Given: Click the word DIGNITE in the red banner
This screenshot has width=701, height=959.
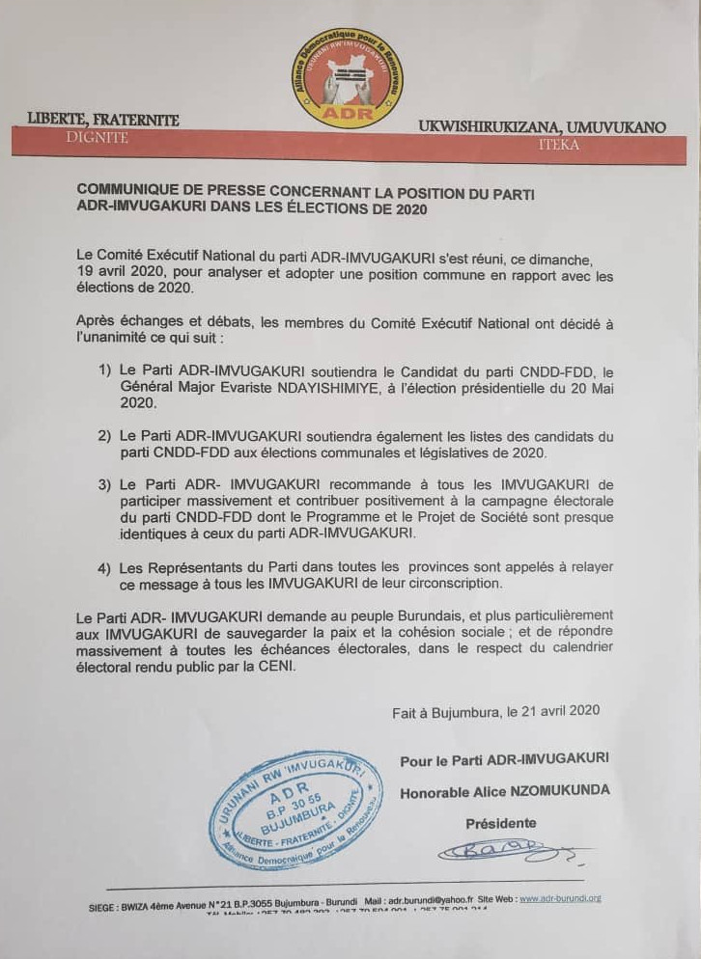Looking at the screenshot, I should (x=97, y=138).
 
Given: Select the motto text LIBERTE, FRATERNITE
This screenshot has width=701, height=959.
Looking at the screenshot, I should (x=103, y=120).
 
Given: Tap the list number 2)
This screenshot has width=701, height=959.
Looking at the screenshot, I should (x=104, y=436).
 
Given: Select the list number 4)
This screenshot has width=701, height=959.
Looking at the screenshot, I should (x=104, y=568).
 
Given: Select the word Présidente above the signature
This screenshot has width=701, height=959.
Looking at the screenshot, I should (x=501, y=823).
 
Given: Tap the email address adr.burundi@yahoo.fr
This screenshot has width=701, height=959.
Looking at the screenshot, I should (x=435, y=898).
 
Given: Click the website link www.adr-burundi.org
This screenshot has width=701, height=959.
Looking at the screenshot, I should (x=560, y=898).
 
